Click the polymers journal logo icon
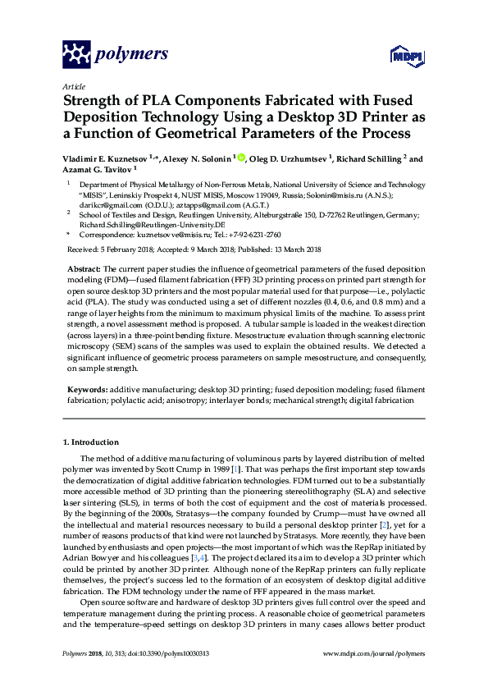(x=77, y=55)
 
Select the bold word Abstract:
(x=83, y=269)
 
